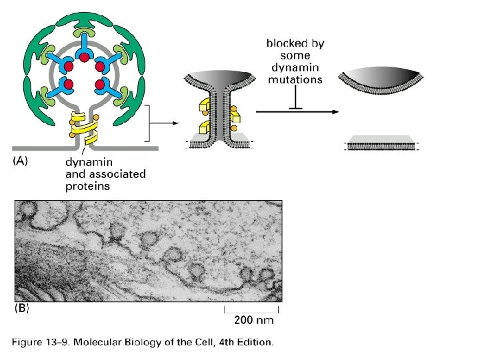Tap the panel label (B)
pyautogui.click(x=22, y=309)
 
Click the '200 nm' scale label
pyautogui.click(x=254, y=320)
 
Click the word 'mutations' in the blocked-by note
pyautogui.click(x=295, y=79)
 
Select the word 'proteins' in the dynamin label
pyautogui.click(x=87, y=187)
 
